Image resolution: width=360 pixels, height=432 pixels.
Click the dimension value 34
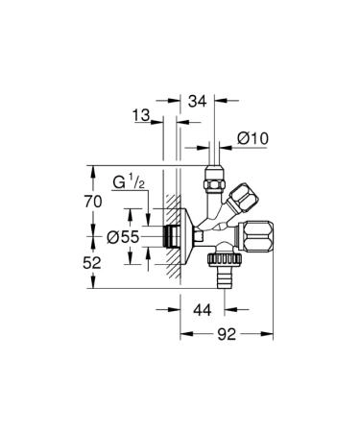(x=199, y=99)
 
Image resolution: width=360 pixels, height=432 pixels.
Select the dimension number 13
(x=141, y=116)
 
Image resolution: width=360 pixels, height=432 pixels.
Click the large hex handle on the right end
(x=261, y=235)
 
